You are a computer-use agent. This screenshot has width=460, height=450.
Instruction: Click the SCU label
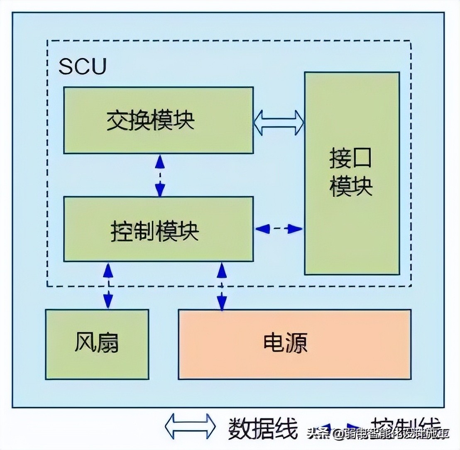(83, 66)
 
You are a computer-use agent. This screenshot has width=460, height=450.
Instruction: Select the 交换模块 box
(158, 120)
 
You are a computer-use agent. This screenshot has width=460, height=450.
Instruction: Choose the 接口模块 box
(352, 173)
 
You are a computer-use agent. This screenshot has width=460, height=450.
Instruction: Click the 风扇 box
(97, 344)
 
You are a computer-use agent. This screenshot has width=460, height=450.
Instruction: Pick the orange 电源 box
(294, 344)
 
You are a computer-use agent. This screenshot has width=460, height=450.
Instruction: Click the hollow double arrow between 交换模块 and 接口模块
(279, 122)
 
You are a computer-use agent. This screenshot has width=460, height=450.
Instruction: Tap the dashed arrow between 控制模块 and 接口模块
(279, 228)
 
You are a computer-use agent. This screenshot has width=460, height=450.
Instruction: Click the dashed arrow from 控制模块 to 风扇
(108, 286)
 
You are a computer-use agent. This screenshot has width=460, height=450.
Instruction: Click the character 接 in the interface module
(341, 159)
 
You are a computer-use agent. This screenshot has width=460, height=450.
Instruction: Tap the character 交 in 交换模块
(117, 120)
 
